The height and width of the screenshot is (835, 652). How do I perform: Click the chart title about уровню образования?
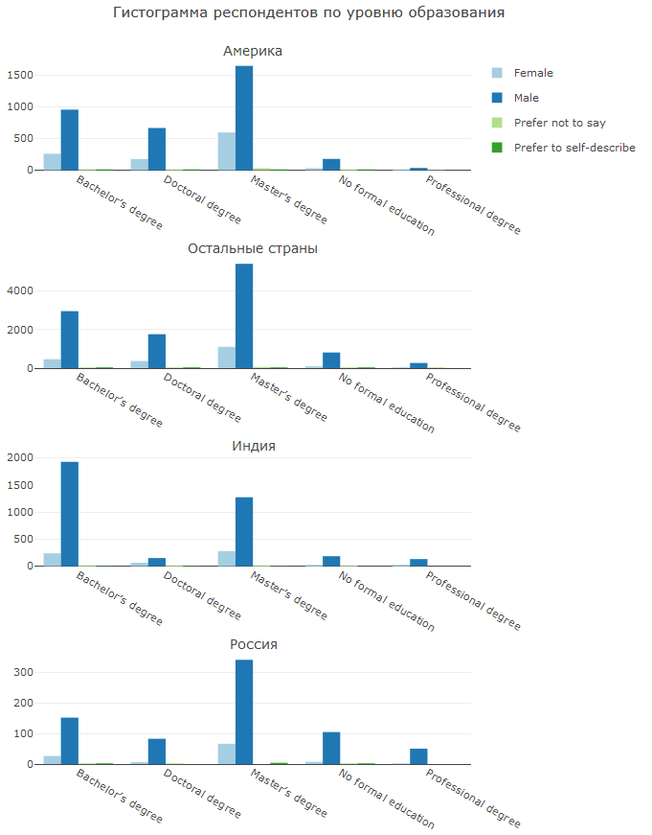tap(308, 13)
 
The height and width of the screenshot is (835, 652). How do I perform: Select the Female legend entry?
tap(532, 73)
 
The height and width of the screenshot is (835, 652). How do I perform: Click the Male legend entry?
tap(526, 98)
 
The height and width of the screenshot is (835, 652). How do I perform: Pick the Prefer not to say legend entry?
tap(559, 123)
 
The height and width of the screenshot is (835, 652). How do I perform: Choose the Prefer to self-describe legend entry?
tap(573, 148)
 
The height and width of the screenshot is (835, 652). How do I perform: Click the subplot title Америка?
tap(253, 51)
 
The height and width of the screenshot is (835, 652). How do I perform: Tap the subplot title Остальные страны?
tap(253, 248)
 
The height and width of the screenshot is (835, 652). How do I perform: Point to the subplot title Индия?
tap(253, 447)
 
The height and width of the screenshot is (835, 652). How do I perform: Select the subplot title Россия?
tap(253, 644)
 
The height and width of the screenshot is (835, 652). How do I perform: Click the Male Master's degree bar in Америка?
tap(244, 118)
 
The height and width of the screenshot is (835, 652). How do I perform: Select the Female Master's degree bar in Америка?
tap(227, 151)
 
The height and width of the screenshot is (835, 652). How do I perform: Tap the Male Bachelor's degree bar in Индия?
tap(70, 514)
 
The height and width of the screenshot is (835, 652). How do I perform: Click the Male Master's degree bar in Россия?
tap(244, 712)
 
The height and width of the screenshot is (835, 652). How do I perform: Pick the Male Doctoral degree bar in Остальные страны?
tap(157, 351)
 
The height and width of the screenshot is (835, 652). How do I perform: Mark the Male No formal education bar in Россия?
tap(331, 748)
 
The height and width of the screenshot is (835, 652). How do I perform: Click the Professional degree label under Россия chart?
tap(474, 794)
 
